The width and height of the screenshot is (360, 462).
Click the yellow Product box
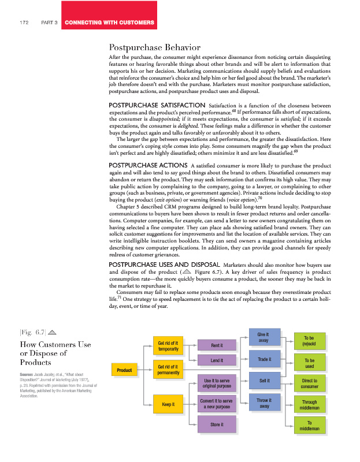click(x=124, y=370)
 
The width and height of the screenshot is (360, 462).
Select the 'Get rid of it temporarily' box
click(x=168, y=346)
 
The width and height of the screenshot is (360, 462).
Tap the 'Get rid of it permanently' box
click(x=168, y=369)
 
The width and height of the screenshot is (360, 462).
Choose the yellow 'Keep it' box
click(x=168, y=404)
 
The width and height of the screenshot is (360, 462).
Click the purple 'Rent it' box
click(x=217, y=345)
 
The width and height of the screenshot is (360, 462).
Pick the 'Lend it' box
click(x=217, y=362)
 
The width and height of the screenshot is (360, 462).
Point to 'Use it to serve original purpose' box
click(x=217, y=384)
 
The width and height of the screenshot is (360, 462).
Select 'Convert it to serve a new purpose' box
click(x=217, y=404)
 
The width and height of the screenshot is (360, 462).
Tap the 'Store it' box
click(x=217, y=425)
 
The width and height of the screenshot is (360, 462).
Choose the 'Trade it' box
click(x=263, y=359)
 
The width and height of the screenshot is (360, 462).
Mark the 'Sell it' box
click(x=263, y=381)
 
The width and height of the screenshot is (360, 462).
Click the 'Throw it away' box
click(x=263, y=403)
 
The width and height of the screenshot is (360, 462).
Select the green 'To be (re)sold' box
click(x=309, y=341)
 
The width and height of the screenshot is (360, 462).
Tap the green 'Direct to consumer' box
click(x=309, y=384)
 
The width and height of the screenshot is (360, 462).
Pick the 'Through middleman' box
click(x=309, y=405)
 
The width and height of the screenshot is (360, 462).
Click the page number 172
click(x=24, y=23)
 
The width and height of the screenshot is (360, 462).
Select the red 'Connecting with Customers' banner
click(x=110, y=23)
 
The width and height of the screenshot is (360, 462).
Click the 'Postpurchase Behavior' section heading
click(x=155, y=47)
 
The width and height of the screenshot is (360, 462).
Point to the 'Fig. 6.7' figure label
click(x=34, y=331)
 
